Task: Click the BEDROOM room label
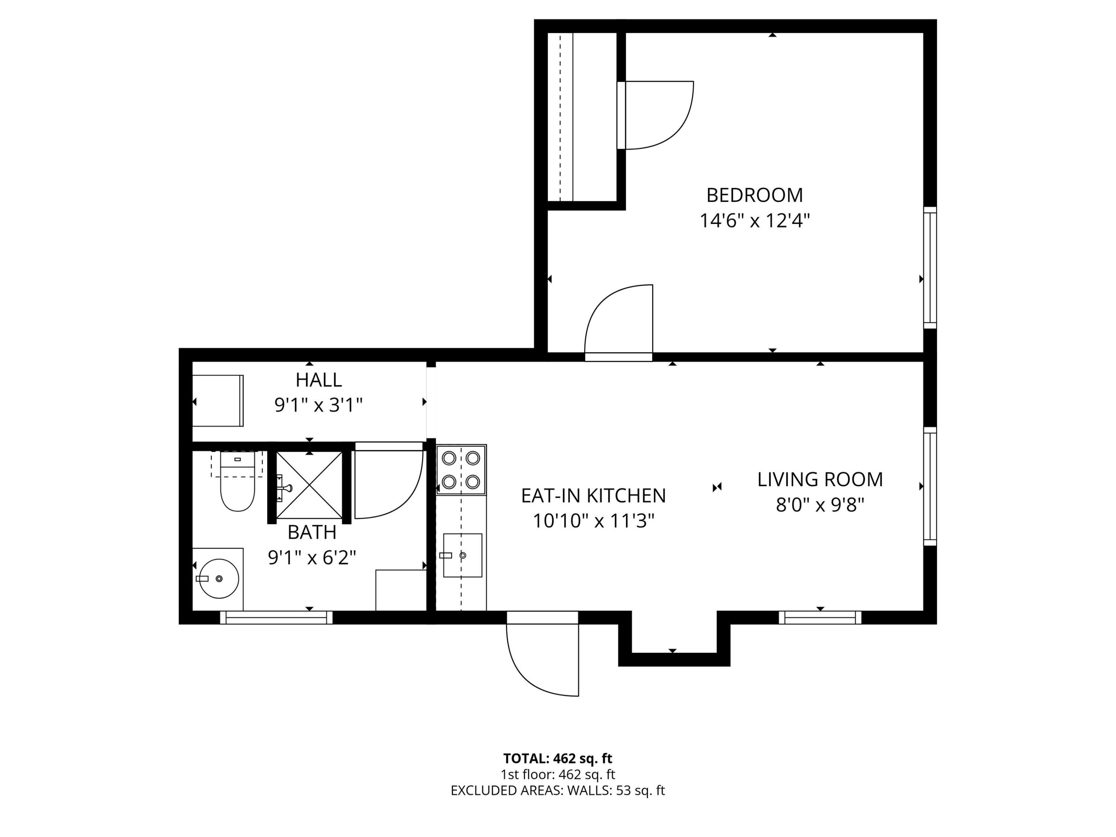tap(754, 195)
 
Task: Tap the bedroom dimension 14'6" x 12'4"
tap(754, 221)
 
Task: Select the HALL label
tap(318, 379)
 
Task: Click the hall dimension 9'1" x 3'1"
tap(318, 405)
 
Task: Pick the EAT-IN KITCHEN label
tap(593, 496)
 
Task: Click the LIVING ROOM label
tap(820, 479)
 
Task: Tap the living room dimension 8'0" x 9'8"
tap(820, 504)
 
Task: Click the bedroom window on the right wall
tap(930, 267)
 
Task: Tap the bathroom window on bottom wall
tap(276, 617)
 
